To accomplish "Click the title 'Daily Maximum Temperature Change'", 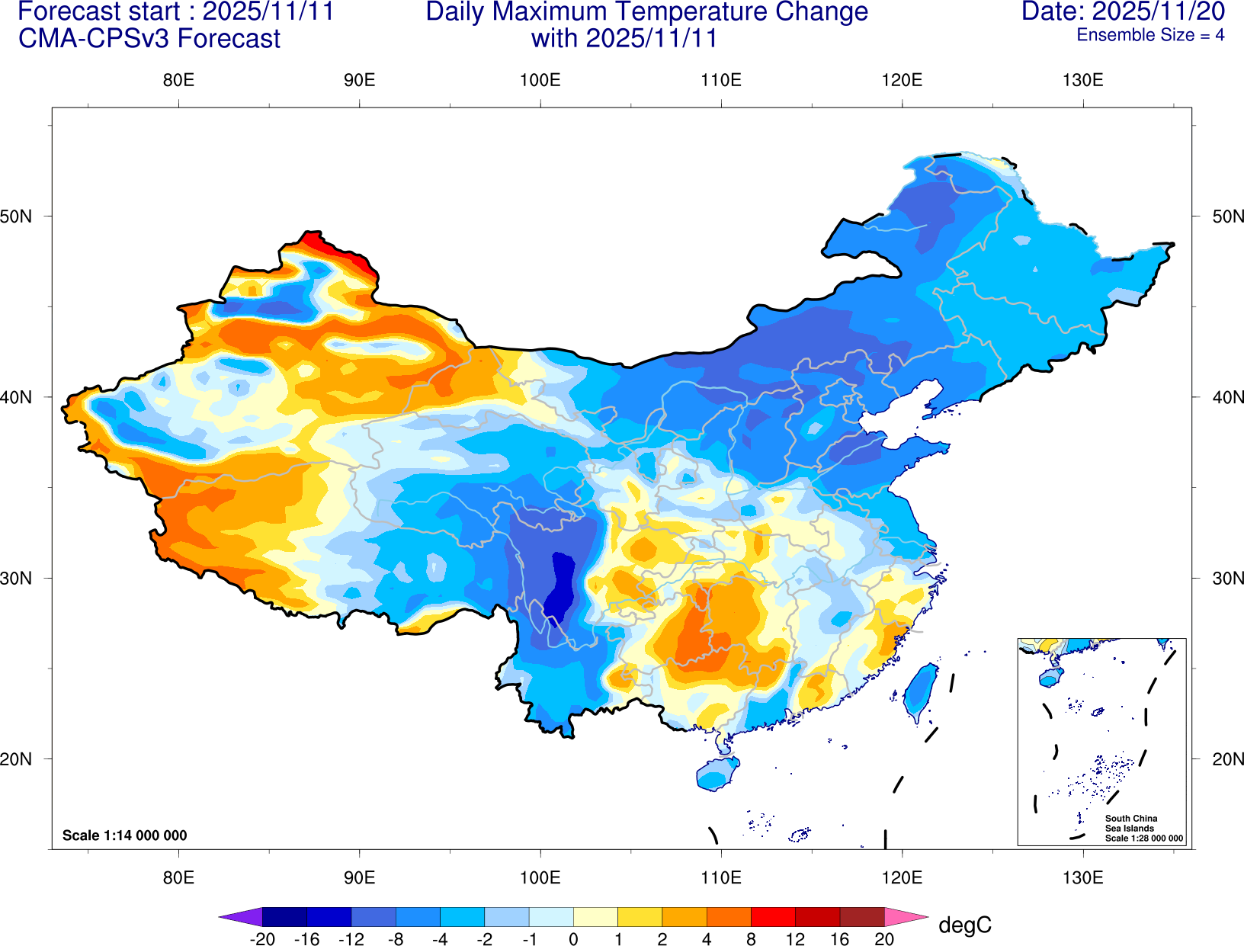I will pos(646,12).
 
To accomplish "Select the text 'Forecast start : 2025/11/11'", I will pos(175,12).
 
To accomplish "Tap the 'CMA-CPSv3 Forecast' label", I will pos(149,38).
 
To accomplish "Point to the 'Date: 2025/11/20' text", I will pos(1123,12).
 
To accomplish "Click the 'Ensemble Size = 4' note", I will pos(1150,35).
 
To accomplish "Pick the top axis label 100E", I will pos(540,80).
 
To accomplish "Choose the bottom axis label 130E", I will pos(1082,877).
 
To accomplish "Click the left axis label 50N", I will pos(17,216).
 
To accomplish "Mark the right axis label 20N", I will pos(1227,759).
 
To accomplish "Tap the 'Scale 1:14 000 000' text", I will pos(124,835).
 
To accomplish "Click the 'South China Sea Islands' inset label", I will pos(1131,823).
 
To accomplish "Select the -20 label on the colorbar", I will pos(262,939).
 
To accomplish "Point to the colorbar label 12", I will pos(795,939).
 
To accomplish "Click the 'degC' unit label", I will pos(964,925).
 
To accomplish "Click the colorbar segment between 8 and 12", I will pos(773,916).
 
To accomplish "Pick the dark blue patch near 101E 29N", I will pos(563,587).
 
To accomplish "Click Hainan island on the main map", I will pos(717,774).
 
